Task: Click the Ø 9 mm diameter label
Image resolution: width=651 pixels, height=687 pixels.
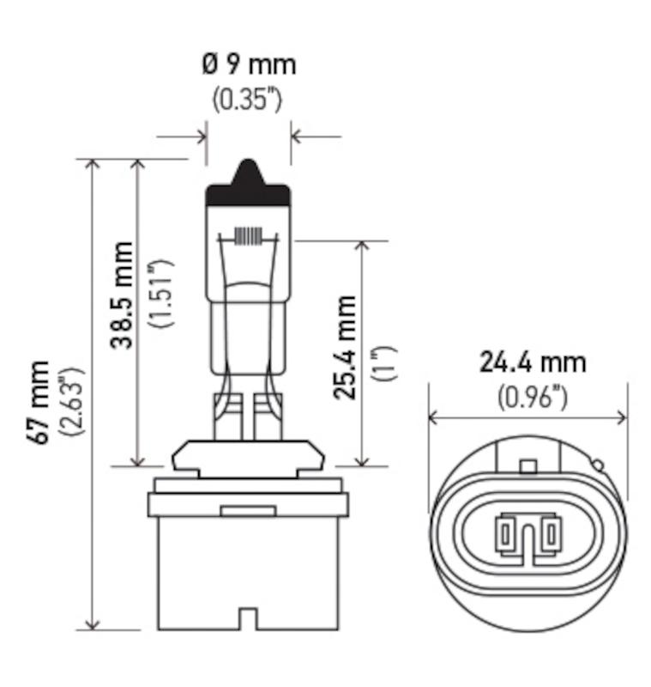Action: click(249, 65)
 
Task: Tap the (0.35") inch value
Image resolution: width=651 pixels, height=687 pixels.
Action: click(247, 100)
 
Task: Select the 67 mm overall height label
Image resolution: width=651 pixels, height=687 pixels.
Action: click(38, 402)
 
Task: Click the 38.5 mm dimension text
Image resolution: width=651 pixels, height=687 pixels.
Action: click(121, 295)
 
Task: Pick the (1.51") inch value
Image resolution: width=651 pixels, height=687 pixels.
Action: click(160, 293)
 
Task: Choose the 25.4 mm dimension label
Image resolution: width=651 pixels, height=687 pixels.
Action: click(345, 347)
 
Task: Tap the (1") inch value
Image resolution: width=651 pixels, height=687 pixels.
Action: click(384, 363)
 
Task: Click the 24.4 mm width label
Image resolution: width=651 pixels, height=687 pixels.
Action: click(533, 362)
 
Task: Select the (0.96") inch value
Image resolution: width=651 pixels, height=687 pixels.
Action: click(532, 398)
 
